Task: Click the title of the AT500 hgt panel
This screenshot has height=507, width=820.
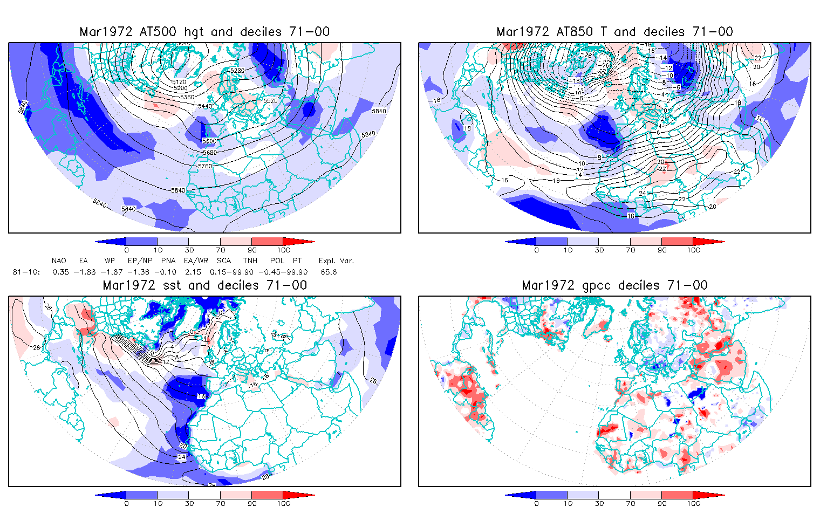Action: pos(204,32)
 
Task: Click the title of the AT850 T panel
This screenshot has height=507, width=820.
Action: pos(614,32)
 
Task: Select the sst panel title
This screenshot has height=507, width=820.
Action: pos(204,285)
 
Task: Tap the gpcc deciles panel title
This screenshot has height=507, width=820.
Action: pos(614,285)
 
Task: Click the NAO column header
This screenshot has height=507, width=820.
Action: pos(59,261)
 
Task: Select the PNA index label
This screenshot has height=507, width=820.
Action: pos(168,261)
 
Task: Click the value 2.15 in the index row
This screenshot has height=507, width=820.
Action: pos(193,272)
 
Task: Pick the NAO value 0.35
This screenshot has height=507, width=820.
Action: pos(61,272)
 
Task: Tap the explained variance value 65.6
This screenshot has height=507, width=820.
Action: pos(329,272)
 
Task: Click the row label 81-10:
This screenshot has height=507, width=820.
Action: pos(26,272)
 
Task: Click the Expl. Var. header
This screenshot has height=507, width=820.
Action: pos(336,261)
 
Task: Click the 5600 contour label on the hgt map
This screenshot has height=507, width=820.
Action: pos(209,141)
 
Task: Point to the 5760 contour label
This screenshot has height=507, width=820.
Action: pos(205,166)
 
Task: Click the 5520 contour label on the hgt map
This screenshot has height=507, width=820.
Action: pos(270,101)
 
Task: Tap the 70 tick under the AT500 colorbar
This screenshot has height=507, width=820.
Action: pos(221,250)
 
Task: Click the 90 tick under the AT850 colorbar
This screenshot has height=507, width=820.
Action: pos(662,250)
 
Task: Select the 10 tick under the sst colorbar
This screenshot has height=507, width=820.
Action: pos(158,503)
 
